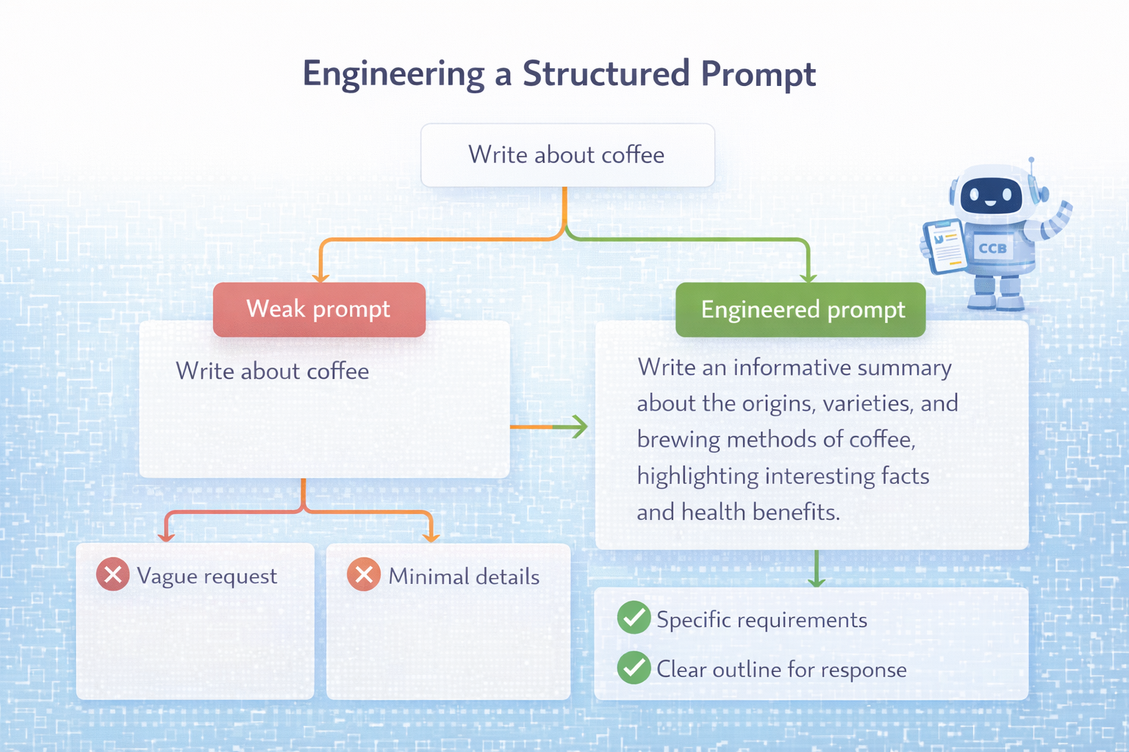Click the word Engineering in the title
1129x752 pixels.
(393, 74)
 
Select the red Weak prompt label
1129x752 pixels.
(319, 309)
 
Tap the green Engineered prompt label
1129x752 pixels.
(800, 310)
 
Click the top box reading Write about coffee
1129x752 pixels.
(567, 155)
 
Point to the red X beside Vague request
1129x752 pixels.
(113, 575)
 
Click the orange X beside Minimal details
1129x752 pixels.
(364, 575)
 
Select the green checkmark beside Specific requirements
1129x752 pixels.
(634, 618)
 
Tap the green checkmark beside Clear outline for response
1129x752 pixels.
(634, 668)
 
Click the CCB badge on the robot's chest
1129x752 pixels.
(992, 248)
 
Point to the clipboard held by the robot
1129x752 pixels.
(945, 245)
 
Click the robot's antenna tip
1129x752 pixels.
(1031, 159)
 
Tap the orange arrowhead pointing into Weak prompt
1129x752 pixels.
(320, 277)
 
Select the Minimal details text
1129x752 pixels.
(464, 576)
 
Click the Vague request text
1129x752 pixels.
(207, 576)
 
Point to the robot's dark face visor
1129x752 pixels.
(991, 195)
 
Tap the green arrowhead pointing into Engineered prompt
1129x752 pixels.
(809, 277)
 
